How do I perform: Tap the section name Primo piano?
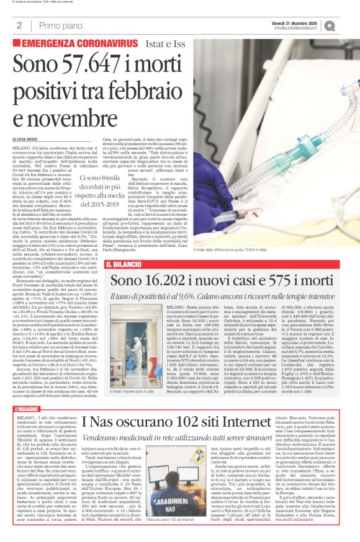60,25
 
